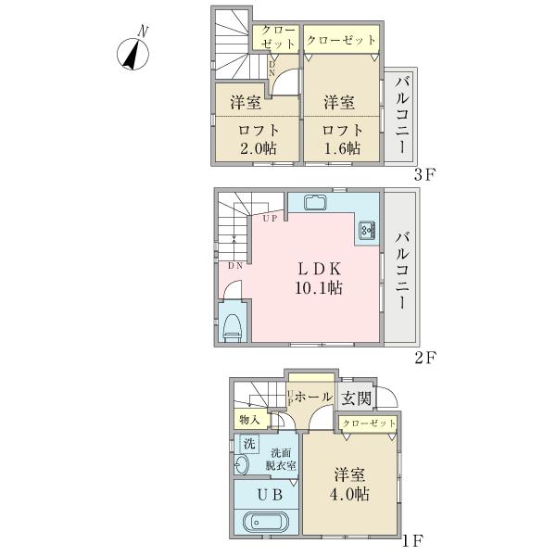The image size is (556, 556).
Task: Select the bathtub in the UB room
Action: point(266,522)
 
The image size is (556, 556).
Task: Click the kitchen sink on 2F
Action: point(317,202)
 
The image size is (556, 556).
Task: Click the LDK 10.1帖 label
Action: point(319,279)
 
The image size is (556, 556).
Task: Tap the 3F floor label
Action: point(424,175)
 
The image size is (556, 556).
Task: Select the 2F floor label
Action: point(424,358)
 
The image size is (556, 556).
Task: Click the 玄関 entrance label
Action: point(357,398)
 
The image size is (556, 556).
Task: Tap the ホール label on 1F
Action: point(313,397)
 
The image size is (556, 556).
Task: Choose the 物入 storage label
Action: point(249,420)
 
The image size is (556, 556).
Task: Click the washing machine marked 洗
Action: point(249,444)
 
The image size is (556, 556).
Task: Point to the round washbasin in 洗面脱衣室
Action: point(242,464)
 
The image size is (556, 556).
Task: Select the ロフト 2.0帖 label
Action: point(259,139)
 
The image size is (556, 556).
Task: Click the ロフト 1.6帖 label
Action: point(343,139)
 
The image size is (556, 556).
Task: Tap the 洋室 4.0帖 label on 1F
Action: point(349,485)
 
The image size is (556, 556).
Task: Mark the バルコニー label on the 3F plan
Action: point(402,114)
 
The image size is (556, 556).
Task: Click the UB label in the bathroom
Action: point(270,495)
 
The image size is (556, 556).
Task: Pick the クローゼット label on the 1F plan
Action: point(369,423)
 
